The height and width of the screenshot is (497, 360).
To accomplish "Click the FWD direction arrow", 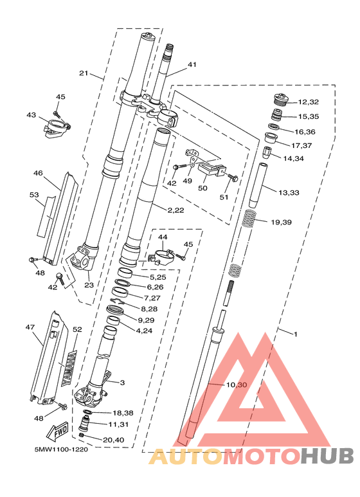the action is (x=57, y=431).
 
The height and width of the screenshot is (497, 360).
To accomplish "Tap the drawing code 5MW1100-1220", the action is (x=61, y=449).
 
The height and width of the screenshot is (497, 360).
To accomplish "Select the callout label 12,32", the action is (x=308, y=102).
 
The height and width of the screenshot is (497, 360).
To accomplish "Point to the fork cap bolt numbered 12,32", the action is (x=280, y=99).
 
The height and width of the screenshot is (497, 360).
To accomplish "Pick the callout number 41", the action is (x=192, y=65).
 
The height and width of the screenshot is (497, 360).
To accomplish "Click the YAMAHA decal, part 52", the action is (x=69, y=368).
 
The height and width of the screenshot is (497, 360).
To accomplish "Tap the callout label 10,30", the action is (x=237, y=384).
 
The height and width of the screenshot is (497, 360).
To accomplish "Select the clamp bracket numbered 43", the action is (x=57, y=128).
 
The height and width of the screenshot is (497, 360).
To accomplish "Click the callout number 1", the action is (x=296, y=334).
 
